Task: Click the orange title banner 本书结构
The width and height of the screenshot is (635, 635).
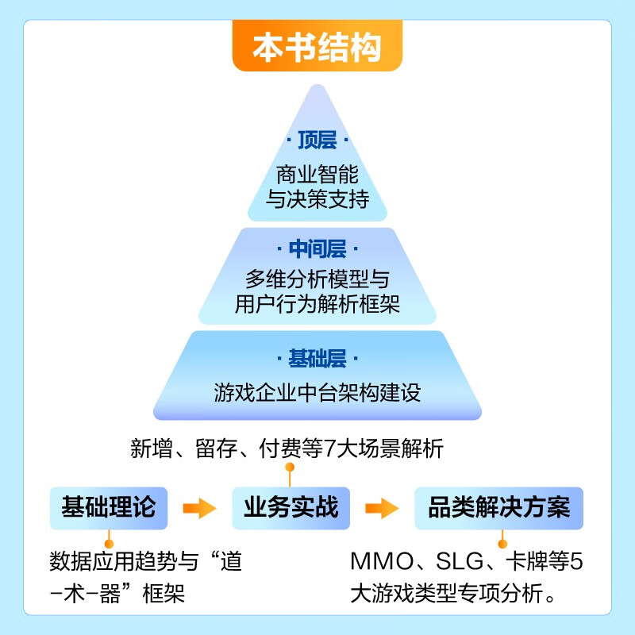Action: point(317,48)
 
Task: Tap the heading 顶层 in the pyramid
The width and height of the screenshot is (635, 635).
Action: point(317,141)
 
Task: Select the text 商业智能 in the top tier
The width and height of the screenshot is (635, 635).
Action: point(317,174)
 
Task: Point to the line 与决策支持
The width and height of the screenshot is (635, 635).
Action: point(317,199)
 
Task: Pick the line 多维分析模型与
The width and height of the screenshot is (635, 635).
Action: point(317,279)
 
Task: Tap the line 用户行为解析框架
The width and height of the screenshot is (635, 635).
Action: point(317,304)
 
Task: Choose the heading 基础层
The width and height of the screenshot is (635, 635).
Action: point(317,359)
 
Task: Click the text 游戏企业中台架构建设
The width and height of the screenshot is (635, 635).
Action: point(317,392)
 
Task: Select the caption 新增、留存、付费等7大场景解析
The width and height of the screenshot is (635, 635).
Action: point(287,449)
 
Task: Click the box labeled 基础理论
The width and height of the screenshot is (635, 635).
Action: point(108,507)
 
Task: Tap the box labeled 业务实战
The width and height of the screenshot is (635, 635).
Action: point(291,507)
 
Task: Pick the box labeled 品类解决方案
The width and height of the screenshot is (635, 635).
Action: point(498,507)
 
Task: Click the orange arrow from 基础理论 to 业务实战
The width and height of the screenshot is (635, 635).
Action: point(199,508)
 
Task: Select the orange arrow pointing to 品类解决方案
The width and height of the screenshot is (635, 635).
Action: point(381,508)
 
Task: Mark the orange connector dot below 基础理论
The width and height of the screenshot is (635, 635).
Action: point(110,544)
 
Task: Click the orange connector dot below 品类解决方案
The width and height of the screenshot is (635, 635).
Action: point(501,544)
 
